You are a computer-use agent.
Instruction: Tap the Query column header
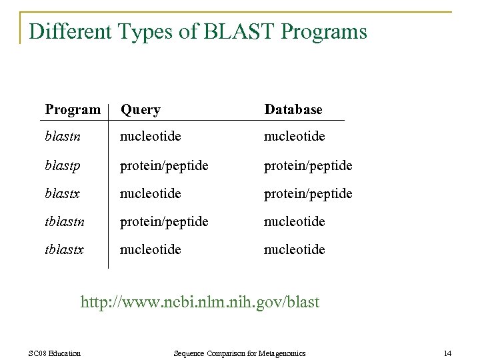coord(140,109)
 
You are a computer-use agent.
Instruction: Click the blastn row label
coord(63,137)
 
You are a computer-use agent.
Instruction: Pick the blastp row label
coord(63,165)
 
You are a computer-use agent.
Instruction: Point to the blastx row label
coord(63,193)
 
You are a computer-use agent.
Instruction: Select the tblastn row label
coord(65,221)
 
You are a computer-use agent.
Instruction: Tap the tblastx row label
coord(65,249)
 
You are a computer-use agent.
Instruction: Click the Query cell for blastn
coord(151,137)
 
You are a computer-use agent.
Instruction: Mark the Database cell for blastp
coord(309,165)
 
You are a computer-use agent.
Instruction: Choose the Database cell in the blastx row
coord(309,193)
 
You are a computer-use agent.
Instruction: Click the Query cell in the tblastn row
coord(164,221)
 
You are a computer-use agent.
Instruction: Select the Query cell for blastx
coord(151,193)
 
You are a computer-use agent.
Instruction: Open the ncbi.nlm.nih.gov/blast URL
coord(200,302)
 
